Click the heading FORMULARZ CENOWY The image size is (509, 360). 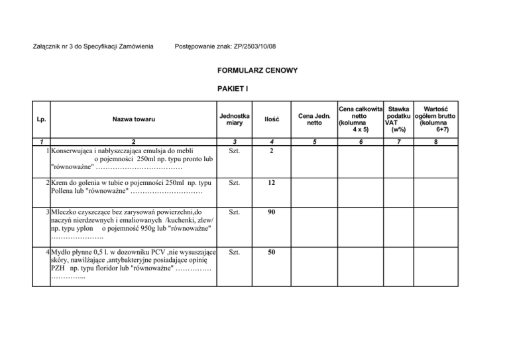258,70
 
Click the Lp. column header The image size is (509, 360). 40,119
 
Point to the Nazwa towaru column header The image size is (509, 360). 133,119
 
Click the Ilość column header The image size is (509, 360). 272,119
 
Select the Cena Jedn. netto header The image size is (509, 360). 314,119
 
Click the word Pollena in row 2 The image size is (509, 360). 64,191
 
